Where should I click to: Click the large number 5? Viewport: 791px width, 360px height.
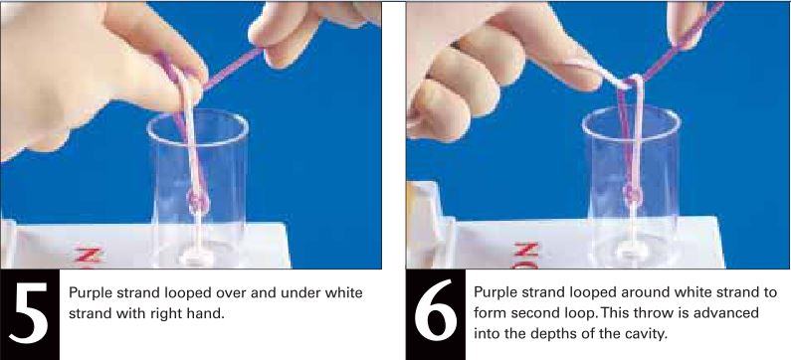coord(29,312)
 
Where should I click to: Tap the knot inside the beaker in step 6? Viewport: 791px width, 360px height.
coord(633,192)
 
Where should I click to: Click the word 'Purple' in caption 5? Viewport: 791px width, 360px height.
coord(87,294)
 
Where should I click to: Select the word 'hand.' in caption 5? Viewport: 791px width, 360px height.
coord(207,314)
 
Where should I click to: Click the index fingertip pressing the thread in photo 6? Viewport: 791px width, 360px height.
coord(585,76)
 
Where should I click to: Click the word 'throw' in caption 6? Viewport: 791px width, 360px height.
coord(658,313)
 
